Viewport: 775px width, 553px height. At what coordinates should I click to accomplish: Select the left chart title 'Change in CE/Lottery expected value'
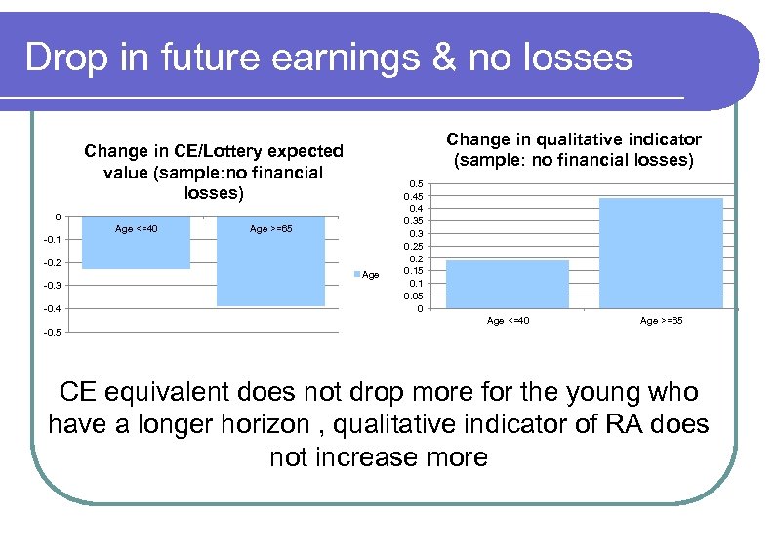[x=214, y=172]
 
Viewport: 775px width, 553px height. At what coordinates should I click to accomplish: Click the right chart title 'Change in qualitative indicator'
[x=573, y=150]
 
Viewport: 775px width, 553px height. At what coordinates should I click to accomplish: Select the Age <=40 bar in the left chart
[x=137, y=243]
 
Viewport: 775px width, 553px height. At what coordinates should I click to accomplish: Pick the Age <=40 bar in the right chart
[x=507, y=285]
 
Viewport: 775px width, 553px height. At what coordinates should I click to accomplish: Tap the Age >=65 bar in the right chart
[x=661, y=254]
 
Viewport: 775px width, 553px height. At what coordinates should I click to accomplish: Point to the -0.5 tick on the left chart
[x=51, y=333]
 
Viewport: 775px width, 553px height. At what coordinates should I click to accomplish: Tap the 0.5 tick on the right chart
[x=415, y=183]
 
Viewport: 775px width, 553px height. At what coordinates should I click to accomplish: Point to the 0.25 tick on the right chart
[x=413, y=247]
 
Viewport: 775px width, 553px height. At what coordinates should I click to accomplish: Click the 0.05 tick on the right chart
[x=413, y=296]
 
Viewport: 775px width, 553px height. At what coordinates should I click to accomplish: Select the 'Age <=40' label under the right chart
[x=508, y=321]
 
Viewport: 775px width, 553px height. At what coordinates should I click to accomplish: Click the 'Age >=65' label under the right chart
[x=661, y=321]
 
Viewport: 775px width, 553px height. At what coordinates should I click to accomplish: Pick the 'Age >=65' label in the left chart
[x=270, y=229]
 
